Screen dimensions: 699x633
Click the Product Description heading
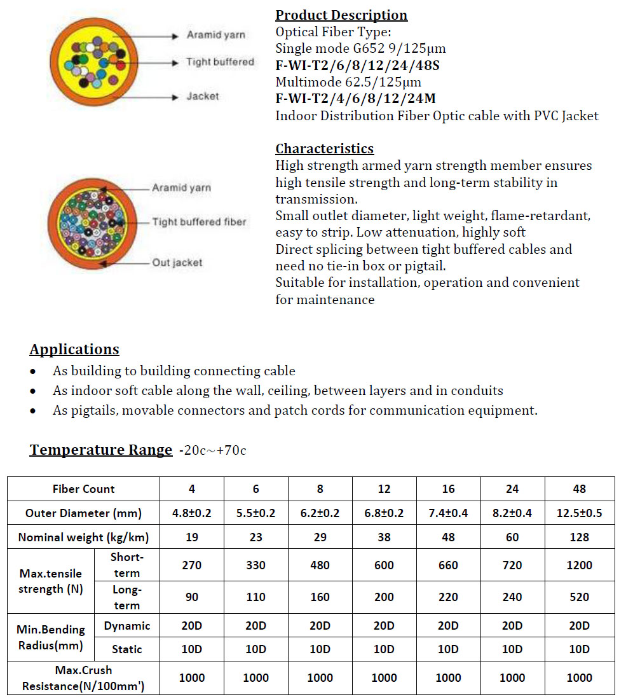pyautogui.click(x=341, y=15)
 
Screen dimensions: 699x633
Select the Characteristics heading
pyautogui.click(x=324, y=149)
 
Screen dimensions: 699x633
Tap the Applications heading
pyautogui.click(x=74, y=350)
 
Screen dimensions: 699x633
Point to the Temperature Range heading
pyautogui.click(x=101, y=450)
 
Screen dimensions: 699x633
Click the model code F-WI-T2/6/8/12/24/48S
pyautogui.click(x=357, y=65)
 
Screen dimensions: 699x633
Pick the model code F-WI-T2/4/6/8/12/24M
pyautogui.click(x=355, y=99)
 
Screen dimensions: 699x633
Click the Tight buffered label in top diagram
pyautogui.click(x=220, y=62)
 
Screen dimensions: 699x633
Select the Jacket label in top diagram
pyautogui.click(x=203, y=97)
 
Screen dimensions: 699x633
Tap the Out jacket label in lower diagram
pyautogui.click(x=177, y=263)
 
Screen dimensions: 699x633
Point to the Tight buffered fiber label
pyautogui.click(x=198, y=222)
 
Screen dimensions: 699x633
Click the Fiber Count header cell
pyautogui.click(x=83, y=489)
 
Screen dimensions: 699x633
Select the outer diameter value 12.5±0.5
pyautogui.click(x=579, y=513)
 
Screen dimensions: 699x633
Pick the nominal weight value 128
pyautogui.click(x=579, y=537)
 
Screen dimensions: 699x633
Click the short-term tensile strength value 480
pyautogui.click(x=320, y=565)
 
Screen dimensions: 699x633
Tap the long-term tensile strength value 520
pyautogui.click(x=579, y=597)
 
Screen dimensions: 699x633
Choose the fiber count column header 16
pyautogui.click(x=448, y=489)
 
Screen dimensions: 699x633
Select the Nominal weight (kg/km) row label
pyautogui.click(x=83, y=537)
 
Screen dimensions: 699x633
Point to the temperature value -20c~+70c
pyautogui.click(x=213, y=451)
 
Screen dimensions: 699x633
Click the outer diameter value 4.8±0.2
pyautogui.click(x=192, y=513)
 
